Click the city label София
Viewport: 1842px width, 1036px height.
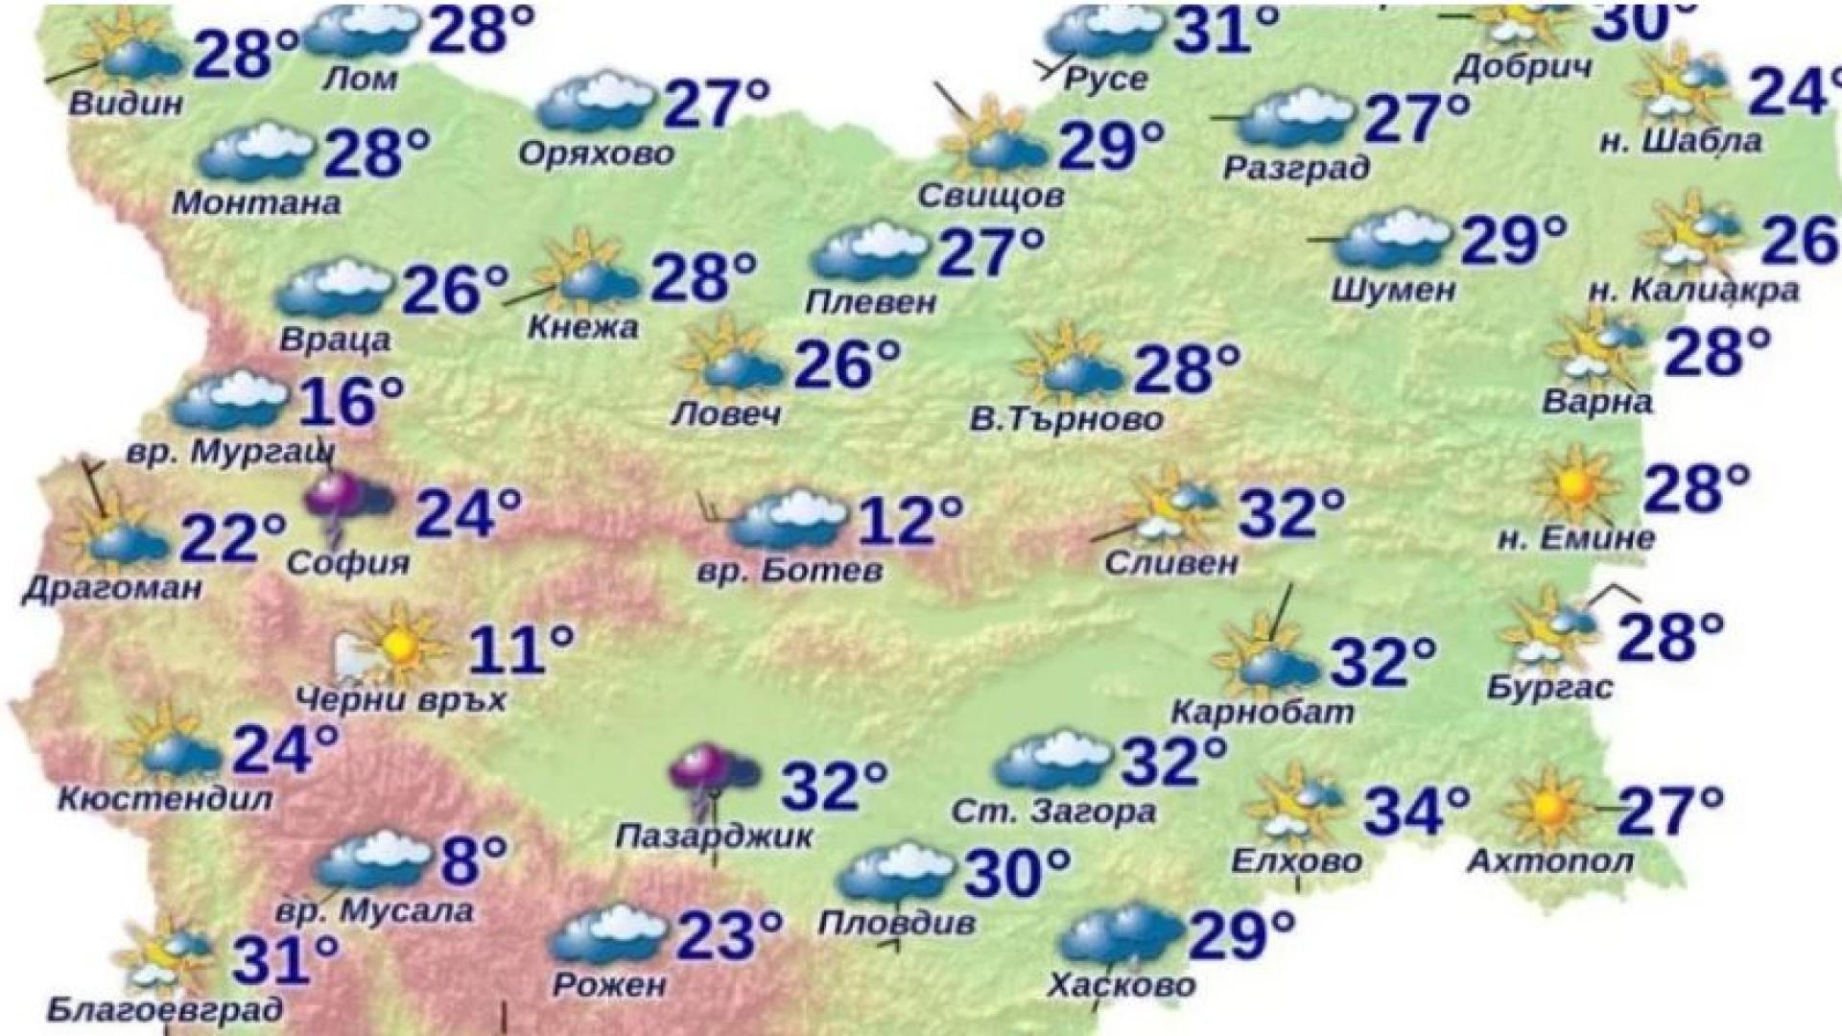coord(348,562)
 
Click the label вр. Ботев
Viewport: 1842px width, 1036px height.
coord(790,571)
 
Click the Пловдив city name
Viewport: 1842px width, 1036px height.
coord(897,923)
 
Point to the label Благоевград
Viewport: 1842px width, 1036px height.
coord(165,1009)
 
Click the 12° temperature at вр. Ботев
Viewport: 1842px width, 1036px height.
coord(909,520)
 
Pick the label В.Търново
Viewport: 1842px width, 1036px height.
coord(1066,419)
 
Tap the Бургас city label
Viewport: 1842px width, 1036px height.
coord(1549,688)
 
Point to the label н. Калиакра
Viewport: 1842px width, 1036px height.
coord(1693,290)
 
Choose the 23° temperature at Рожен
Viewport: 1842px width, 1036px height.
coord(729,935)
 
